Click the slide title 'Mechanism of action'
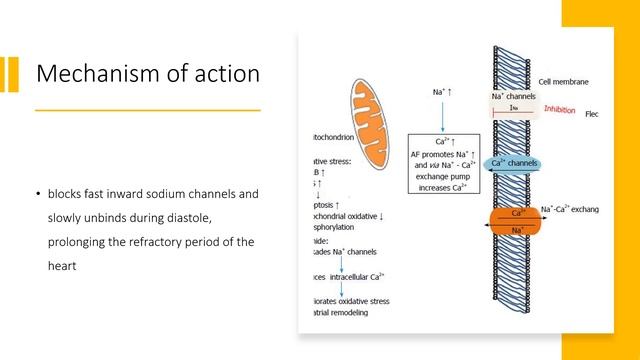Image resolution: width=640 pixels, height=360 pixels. click(148, 73)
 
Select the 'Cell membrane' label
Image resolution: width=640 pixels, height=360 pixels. click(563, 82)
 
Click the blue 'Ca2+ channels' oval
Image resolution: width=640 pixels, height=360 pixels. click(514, 163)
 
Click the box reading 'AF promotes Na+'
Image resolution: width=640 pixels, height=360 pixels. click(444, 164)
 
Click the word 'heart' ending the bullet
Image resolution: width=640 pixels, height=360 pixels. click(63, 267)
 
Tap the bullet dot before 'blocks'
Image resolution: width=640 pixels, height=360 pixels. click(39, 194)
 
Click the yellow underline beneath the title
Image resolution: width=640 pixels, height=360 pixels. click(148, 109)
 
